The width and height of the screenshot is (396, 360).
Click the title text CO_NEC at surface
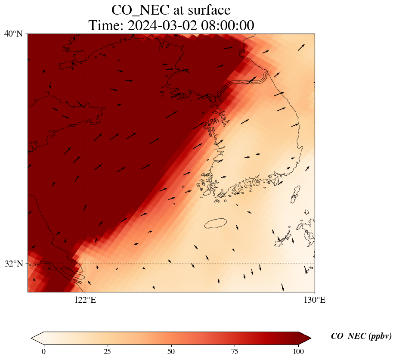click(x=171, y=9)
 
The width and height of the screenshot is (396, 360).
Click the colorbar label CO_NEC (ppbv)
click(x=361, y=336)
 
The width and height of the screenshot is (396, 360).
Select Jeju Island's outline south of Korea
click(x=216, y=223)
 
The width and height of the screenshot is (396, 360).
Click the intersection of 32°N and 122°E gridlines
click(x=85, y=264)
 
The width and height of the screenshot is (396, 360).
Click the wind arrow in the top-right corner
click(x=301, y=47)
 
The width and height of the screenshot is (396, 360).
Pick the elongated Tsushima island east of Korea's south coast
click(x=296, y=194)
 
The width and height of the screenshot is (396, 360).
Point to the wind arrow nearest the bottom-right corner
click(x=282, y=287)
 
